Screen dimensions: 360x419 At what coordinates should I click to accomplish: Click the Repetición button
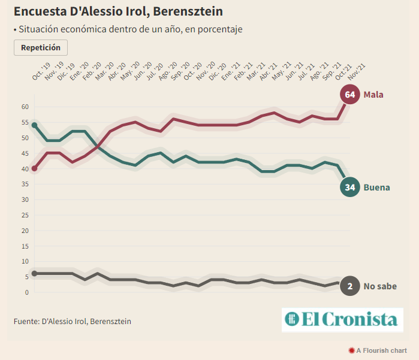41,47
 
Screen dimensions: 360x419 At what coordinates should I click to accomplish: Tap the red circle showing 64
350,95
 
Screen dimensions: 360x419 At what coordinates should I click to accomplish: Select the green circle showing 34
350,187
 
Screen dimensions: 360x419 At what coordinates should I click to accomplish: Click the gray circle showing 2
350,286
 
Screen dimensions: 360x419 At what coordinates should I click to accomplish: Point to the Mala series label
373,95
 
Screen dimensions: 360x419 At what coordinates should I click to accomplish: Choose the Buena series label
376,187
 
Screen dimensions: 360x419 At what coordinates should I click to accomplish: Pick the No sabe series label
380,286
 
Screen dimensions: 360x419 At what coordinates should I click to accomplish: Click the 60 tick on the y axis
25,107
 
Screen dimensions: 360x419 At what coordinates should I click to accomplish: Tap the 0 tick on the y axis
27,292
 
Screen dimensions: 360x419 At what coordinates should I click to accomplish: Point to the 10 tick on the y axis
25,261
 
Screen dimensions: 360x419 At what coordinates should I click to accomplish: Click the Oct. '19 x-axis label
41,72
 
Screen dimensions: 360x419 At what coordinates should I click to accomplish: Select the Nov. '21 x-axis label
357,72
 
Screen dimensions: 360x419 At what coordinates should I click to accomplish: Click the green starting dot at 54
34,125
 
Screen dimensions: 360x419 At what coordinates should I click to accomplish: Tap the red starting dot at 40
34,168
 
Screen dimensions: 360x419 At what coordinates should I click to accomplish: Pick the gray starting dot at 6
34,273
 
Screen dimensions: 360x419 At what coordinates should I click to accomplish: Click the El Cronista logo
342,319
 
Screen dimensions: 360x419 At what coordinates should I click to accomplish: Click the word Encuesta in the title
41,11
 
